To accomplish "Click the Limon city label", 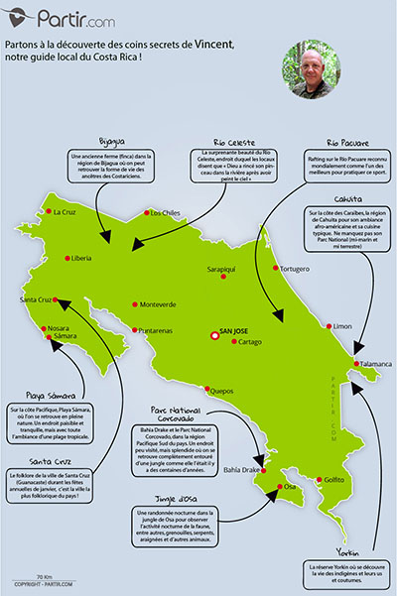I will point(342,325).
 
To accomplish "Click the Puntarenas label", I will point(159,330).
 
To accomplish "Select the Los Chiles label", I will point(164,212).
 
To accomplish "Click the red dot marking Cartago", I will point(234,342).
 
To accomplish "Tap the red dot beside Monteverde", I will point(136,303).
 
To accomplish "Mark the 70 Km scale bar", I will point(43,578).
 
